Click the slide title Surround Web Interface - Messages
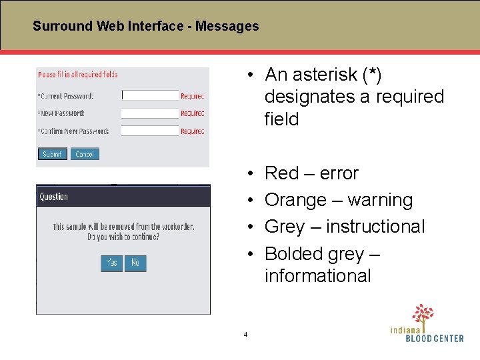tap(145, 27)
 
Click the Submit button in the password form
tap(52, 154)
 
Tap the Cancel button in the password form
tap(85, 154)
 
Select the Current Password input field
tap(150, 95)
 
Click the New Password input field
tap(150, 113)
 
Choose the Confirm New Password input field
tap(150, 131)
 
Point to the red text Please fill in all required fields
tap(78, 75)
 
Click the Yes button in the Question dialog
tap(111, 263)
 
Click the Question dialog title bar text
tap(54, 197)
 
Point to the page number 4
tap(245, 334)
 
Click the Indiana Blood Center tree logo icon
tap(422, 314)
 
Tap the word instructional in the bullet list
tap(375, 227)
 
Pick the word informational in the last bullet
tap(317, 275)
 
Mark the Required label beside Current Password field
tap(193, 96)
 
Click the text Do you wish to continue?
tap(123, 237)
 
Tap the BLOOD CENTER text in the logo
tap(435, 338)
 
